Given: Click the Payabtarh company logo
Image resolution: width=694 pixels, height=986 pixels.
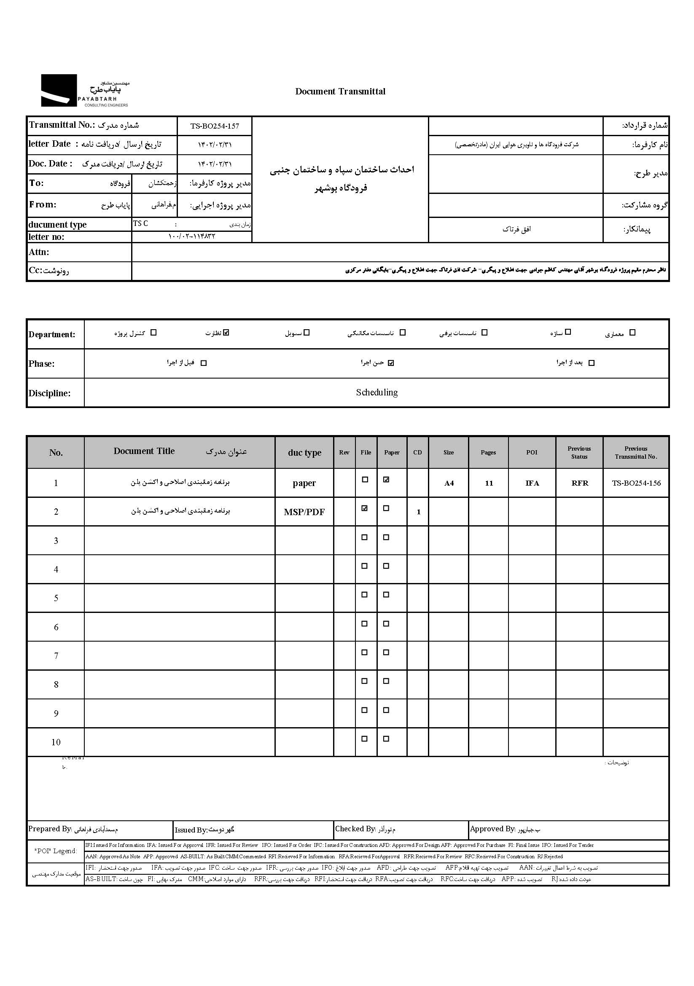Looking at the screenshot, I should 85,91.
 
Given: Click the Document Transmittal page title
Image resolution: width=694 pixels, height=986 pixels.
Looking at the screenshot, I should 340,91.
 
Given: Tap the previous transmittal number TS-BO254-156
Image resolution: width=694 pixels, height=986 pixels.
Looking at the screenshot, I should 636,483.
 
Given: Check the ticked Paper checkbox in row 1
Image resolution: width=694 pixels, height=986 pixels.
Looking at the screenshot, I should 386,480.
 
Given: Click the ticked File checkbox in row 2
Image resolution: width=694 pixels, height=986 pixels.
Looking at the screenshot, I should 365,508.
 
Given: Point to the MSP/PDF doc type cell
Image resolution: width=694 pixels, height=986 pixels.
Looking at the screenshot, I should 304,512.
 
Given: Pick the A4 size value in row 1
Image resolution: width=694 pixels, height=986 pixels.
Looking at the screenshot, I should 449,484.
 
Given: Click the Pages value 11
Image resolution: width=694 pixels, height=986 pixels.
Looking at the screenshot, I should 489,484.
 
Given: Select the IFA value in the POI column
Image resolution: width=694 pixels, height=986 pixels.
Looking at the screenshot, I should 532,484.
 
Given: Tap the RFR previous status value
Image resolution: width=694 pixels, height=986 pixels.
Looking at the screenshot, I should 579,484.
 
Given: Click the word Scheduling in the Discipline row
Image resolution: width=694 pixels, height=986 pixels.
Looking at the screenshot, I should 377,392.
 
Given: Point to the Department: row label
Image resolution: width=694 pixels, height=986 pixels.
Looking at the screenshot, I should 52,335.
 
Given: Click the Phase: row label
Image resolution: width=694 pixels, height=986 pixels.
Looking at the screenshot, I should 42,364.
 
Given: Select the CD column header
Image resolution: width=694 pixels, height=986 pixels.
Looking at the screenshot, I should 417,453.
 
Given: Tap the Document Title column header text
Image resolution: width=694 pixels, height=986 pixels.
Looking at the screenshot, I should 144,451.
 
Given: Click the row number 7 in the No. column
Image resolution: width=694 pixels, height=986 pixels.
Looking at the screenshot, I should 56,656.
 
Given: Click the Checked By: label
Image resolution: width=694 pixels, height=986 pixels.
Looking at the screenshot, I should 355,829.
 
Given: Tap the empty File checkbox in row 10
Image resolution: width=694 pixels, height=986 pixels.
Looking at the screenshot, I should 365,739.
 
